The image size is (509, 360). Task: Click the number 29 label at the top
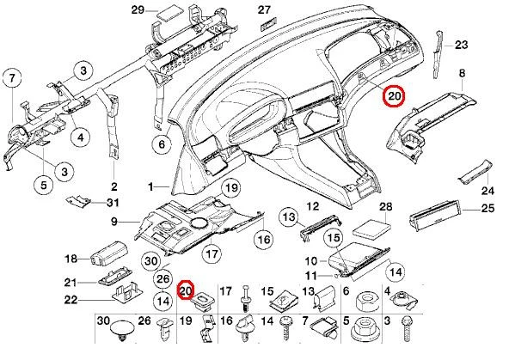[138, 10]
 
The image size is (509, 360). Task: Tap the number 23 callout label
[461, 45]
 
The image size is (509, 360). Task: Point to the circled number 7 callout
[12, 80]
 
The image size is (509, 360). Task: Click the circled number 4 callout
[78, 135]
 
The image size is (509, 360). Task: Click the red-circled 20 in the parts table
[186, 290]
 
